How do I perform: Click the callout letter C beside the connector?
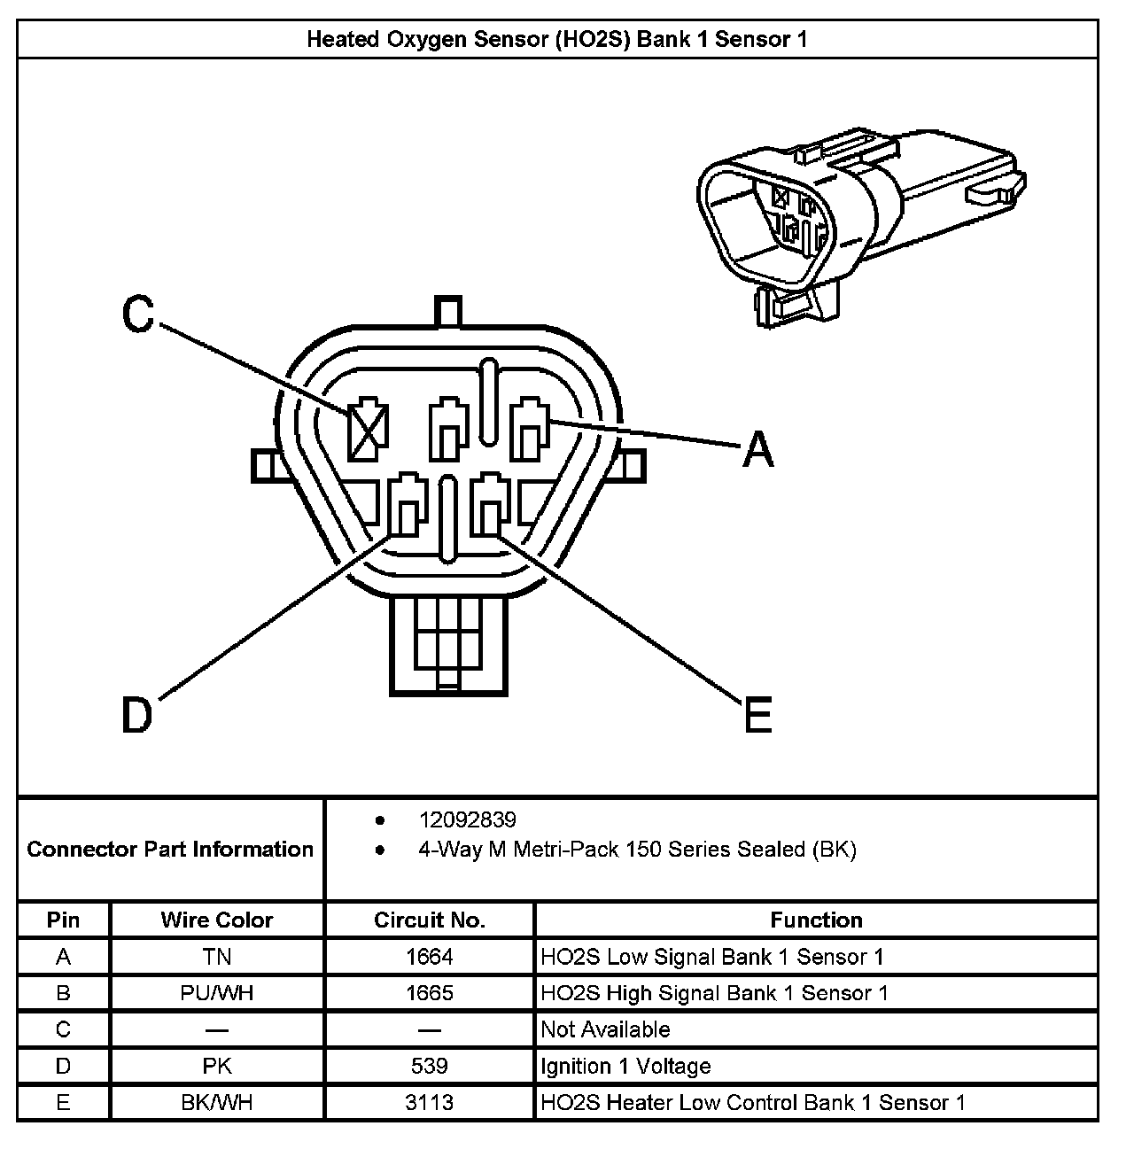point(138,314)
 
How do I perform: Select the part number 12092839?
point(467,820)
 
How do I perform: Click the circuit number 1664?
point(430,957)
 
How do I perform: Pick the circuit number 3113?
point(430,1102)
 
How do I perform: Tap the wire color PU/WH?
point(216,993)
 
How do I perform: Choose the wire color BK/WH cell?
point(216,1102)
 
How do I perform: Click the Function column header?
point(816,920)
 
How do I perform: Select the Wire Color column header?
point(216,920)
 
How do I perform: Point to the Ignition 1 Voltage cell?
point(625,1066)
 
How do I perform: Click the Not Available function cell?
point(605,1029)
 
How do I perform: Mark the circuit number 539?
point(430,1066)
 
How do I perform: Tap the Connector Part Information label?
point(170,850)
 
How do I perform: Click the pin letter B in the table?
point(63,993)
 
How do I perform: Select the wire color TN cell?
point(216,957)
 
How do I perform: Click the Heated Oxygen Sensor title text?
point(556,39)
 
